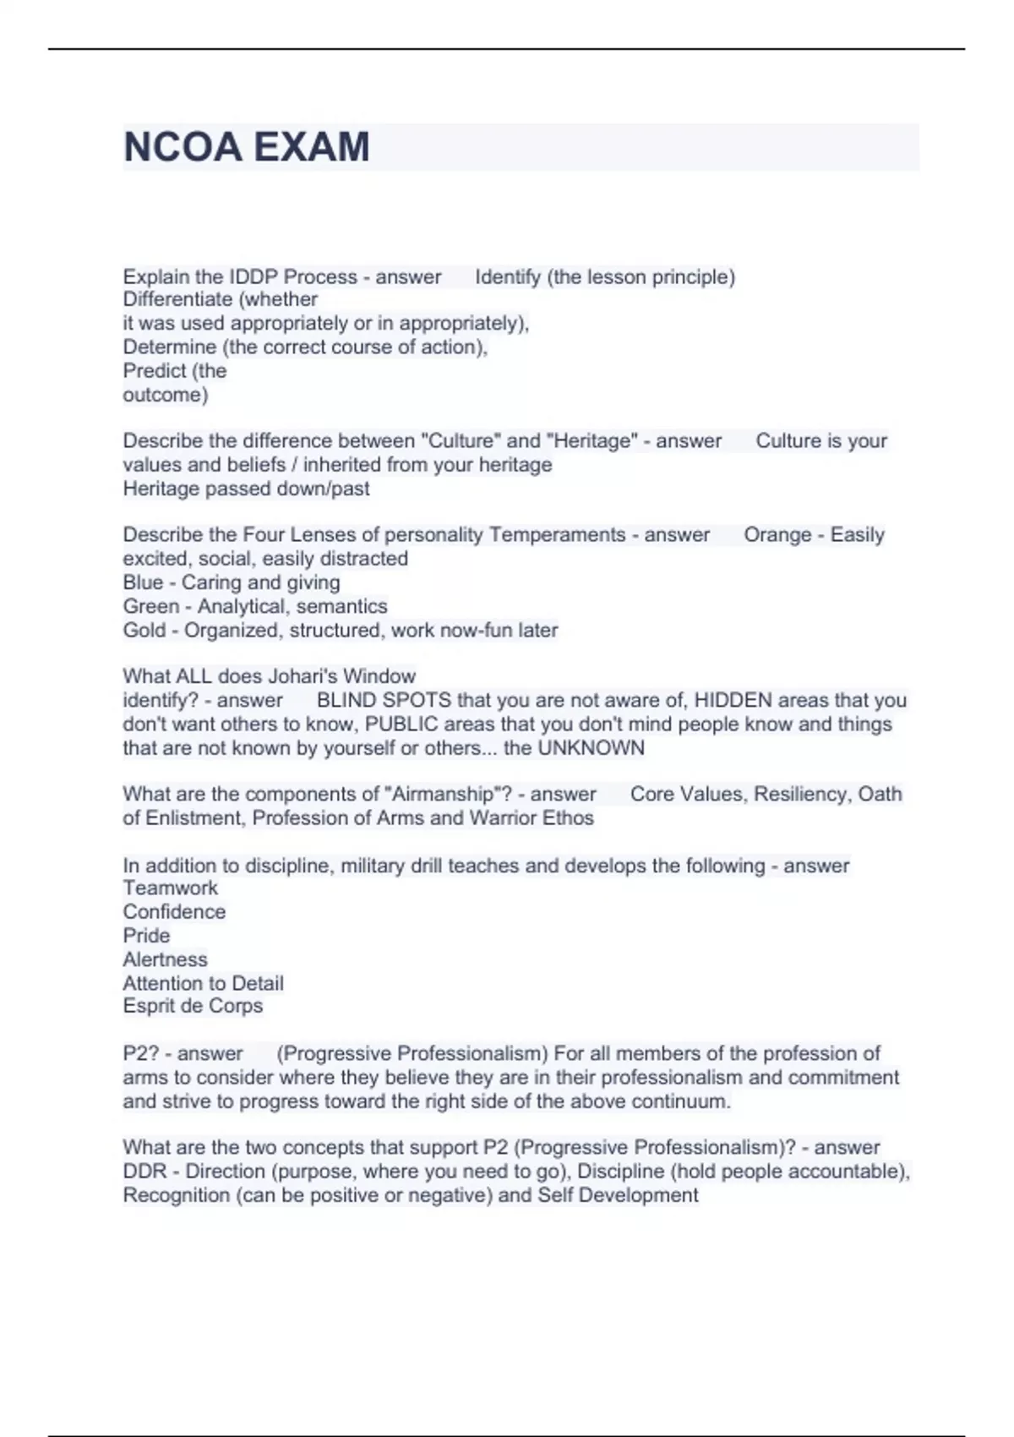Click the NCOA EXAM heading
pyautogui.click(x=247, y=147)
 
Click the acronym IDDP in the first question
pyautogui.click(x=253, y=277)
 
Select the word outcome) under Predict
pyautogui.click(x=166, y=395)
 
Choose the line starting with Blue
pyautogui.click(x=232, y=582)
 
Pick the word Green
pyautogui.click(x=150, y=606)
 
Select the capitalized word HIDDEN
pyautogui.click(x=733, y=701)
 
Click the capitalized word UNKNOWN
pyautogui.click(x=591, y=748)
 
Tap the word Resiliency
pyautogui.click(x=802, y=795)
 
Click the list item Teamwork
pyautogui.click(x=170, y=888)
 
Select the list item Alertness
pyautogui.click(x=165, y=959)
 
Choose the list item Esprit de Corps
pyautogui.click(x=193, y=1006)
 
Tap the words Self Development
pyautogui.click(x=618, y=1195)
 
